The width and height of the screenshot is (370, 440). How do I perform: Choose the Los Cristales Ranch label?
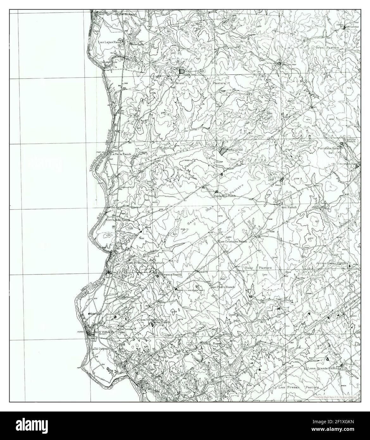pos(232,241)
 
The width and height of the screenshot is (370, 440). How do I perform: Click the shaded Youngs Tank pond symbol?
pos(182,72)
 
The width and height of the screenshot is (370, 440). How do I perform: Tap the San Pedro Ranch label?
pos(223,287)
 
